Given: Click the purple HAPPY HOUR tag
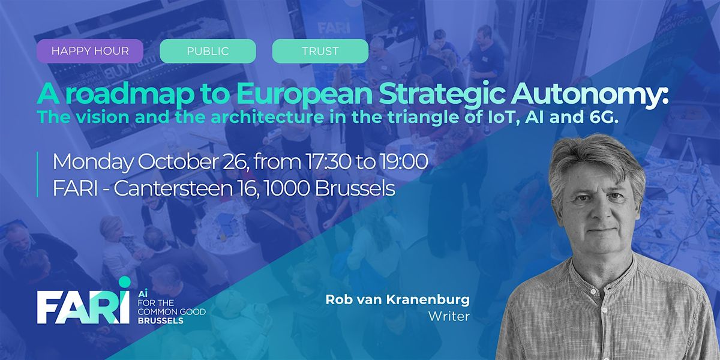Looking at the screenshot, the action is (x=89, y=51).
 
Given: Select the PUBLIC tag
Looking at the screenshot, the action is (x=208, y=51).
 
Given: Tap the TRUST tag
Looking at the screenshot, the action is (x=320, y=51).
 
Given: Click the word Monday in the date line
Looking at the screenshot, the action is (x=92, y=163).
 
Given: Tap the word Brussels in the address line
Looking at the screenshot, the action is (x=355, y=188).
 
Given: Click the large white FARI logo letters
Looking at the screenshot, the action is (x=83, y=307).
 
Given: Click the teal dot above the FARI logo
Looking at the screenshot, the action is (x=124, y=282).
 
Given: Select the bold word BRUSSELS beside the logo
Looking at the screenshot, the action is (x=160, y=321).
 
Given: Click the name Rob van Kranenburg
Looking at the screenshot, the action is (x=398, y=299).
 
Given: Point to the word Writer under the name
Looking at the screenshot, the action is (x=449, y=316).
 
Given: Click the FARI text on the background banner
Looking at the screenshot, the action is (x=334, y=28).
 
